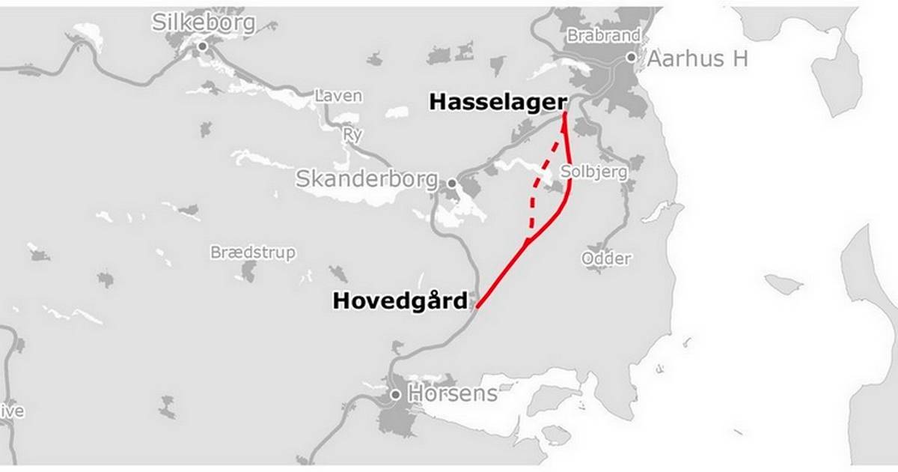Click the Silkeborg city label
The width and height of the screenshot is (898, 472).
click(x=204, y=22)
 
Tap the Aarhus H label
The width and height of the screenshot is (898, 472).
click(x=697, y=59)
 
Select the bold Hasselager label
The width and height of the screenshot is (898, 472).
click(x=494, y=103)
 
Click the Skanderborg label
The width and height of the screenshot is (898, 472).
click(x=367, y=179)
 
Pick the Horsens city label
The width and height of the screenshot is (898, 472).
click(x=453, y=393)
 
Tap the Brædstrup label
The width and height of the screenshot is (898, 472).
click(x=253, y=252)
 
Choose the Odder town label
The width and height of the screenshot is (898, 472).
click(x=606, y=258)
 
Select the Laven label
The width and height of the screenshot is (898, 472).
click(x=338, y=96)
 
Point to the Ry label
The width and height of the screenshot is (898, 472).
click(x=351, y=135)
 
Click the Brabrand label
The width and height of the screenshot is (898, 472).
click(x=603, y=35)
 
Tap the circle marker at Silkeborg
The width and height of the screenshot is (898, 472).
click(x=202, y=46)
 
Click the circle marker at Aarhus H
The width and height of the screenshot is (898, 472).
click(x=632, y=57)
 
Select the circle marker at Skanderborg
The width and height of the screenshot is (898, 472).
click(x=452, y=182)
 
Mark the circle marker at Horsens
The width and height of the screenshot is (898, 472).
click(x=396, y=394)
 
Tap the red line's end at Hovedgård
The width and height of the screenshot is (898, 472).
click(x=477, y=306)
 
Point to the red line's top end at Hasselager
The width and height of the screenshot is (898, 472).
click(x=564, y=113)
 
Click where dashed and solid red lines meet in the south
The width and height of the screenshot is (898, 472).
click(x=528, y=241)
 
